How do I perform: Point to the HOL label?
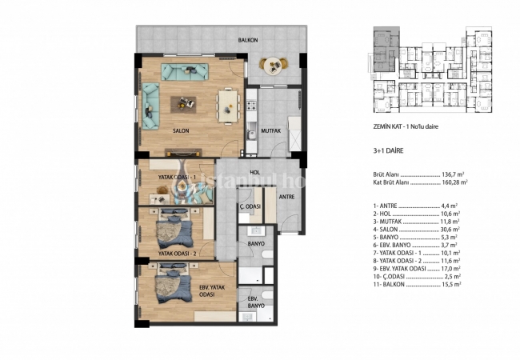click(255, 172)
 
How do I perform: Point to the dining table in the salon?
click(229, 102)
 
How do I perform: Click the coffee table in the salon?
click(187, 102)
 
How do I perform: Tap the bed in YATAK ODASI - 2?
click(174, 229)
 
